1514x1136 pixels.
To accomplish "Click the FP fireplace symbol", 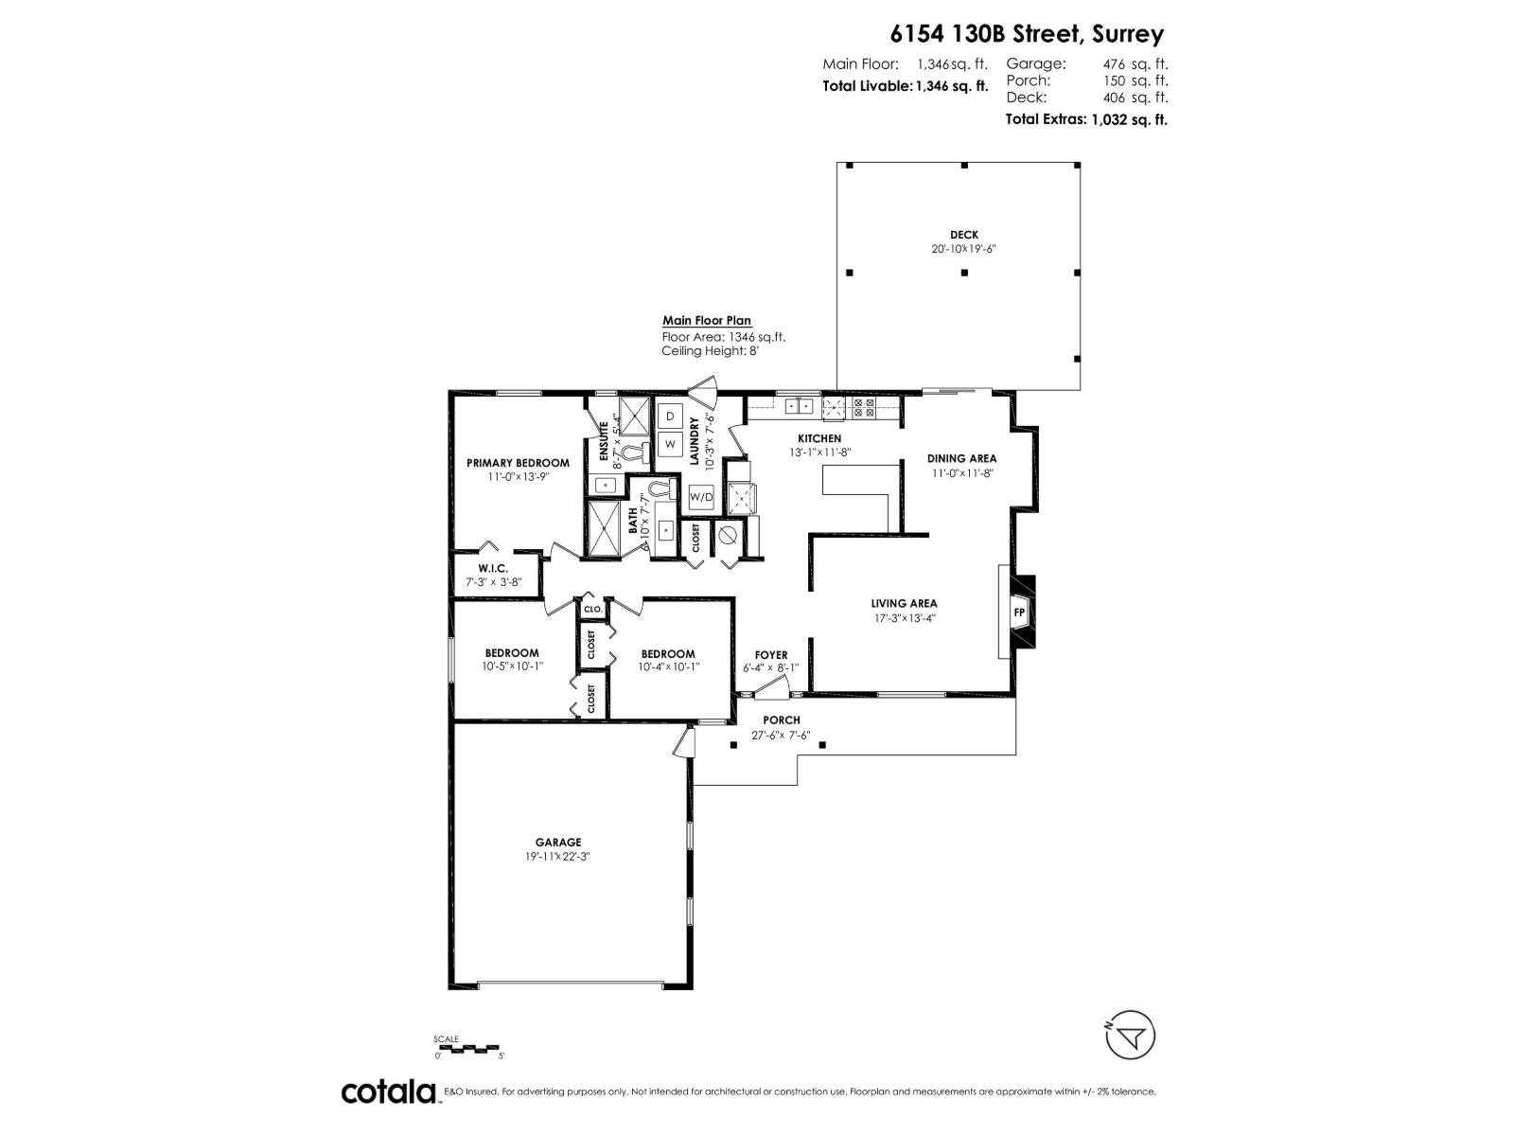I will (1019, 612).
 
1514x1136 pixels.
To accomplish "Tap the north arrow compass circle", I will (1130, 1037).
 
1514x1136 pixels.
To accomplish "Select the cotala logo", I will (388, 1092).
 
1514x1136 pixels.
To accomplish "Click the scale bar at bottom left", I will (467, 1049).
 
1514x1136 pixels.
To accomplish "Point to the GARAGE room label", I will (558, 842).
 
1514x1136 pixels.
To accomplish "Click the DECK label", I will (964, 235).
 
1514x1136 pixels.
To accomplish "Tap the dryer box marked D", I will (670, 416).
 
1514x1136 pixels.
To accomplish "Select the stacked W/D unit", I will (701, 496).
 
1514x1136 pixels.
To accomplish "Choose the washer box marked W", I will (670, 443).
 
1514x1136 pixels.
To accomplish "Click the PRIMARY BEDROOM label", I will (518, 463).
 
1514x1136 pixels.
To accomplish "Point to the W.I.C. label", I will (493, 568).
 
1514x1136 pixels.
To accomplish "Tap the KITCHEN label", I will (819, 438).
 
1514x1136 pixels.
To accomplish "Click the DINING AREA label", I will (961, 458).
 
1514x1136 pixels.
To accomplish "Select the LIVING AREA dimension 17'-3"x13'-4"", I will (904, 618).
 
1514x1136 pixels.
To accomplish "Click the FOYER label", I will (771, 654).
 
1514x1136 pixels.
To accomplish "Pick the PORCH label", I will (782, 720).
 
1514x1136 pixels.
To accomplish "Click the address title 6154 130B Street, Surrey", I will (1027, 34).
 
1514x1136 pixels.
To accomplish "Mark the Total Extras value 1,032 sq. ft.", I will (1129, 119).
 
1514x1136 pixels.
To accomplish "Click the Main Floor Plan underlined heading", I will (707, 321).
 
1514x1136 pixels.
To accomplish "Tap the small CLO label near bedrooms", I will (592, 609).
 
